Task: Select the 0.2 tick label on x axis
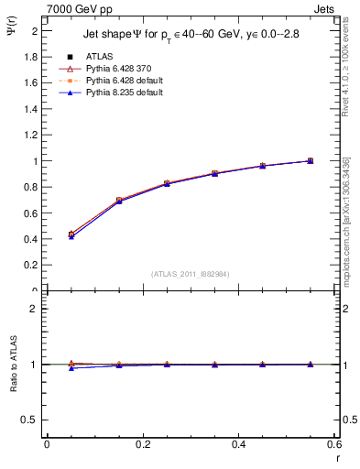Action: (x=142, y=444)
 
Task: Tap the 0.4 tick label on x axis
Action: (x=238, y=444)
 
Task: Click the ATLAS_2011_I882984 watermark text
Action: (x=191, y=273)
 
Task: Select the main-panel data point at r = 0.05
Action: (x=71, y=234)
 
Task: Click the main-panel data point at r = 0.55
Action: (x=310, y=161)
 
